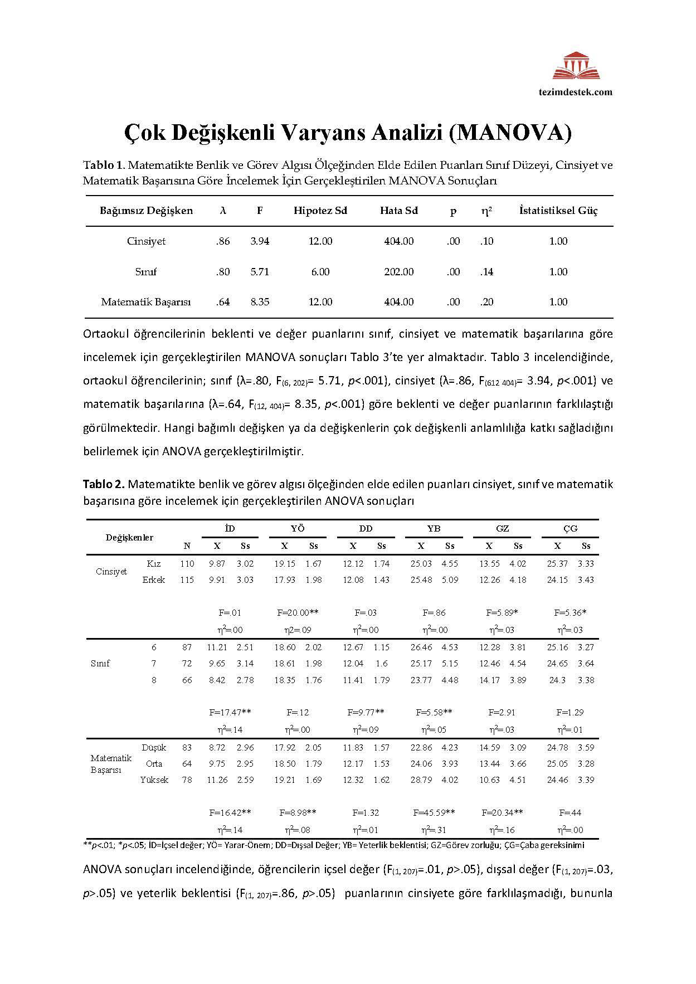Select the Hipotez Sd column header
pos(320,211)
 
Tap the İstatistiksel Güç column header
pos(558,211)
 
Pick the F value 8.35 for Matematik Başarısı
pos(260,302)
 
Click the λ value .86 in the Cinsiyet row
pos(222,241)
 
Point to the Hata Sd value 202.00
pos(398,272)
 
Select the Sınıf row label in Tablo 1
pos(146,272)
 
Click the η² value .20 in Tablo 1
pos(486,302)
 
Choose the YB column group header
pos(434,528)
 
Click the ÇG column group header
pos(570,528)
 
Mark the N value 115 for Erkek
pos(187,580)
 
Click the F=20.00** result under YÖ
pos(298,612)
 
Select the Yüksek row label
pos(154,780)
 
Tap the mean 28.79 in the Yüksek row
pos(421,780)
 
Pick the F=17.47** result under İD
pos(230,712)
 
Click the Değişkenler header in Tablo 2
pos(129,538)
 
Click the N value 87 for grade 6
pos(187,647)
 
